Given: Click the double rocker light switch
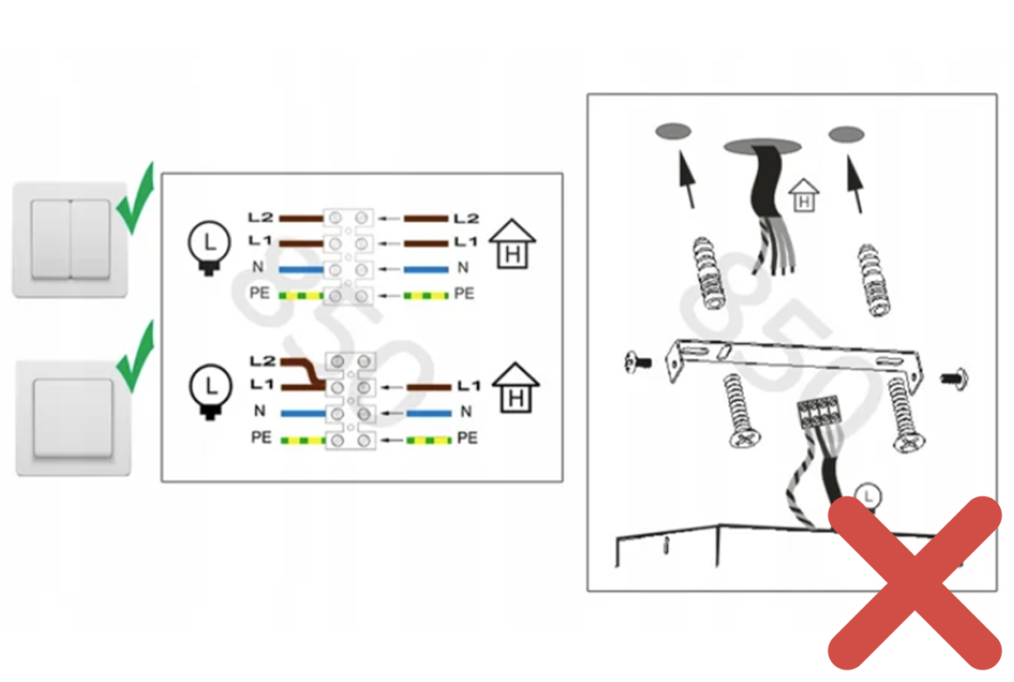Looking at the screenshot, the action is (69, 240).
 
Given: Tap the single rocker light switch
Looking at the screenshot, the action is (73, 418).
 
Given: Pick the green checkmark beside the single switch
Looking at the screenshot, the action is (135, 357).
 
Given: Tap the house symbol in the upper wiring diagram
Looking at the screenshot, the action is (513, 244).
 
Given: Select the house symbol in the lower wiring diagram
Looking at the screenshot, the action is (515, 387).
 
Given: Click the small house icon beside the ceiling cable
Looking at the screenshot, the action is (804, 195).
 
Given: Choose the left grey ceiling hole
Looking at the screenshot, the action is (673, 131).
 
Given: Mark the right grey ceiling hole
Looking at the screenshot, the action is (847, 134).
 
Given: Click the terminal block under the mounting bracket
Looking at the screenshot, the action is (820, 413).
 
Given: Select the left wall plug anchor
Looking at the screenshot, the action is (708, 272).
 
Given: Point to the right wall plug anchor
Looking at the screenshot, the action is (873, 280).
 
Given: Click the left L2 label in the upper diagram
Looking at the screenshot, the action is (261, 218).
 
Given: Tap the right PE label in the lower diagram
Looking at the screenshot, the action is (467, 438).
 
